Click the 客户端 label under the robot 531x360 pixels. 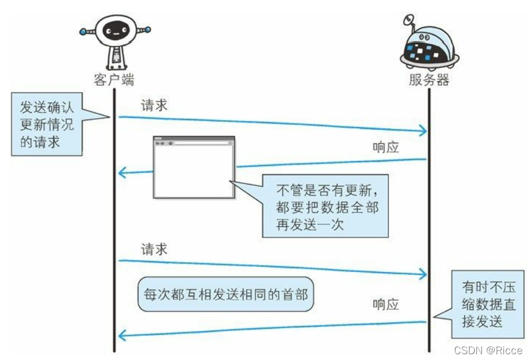[114, 79]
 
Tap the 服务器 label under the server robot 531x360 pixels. [429, 79]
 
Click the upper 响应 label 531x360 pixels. [386, 147]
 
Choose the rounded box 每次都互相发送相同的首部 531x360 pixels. [226, 295]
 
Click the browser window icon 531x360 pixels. [194, 167]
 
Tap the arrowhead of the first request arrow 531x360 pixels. [425, 132]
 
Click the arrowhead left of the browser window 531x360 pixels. [121, 172]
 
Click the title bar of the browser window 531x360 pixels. [194, 141]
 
